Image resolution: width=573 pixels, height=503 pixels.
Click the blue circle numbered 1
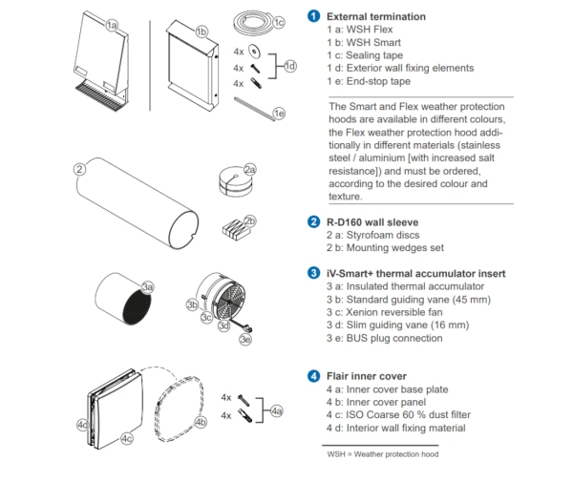click(x=313, y=17)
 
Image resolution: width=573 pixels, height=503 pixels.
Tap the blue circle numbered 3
click(x=313, y=273)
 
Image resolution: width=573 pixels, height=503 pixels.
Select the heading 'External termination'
click(x=376, y=17)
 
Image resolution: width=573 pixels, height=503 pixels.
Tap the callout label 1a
click(x=113, y=25)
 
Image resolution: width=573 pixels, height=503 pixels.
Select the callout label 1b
click(x=202, y=31)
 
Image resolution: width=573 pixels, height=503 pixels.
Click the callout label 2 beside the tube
click(x=81, y=169)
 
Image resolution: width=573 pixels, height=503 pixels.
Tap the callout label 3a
click(x=147, y=285)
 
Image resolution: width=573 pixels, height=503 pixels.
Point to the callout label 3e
click(x=245, y=339)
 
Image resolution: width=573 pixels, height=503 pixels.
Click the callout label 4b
click(x=201, y=420)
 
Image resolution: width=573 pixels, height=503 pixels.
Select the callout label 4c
click(x=127, y=438)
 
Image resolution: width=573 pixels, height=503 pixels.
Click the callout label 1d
click(x=290, y=66)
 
